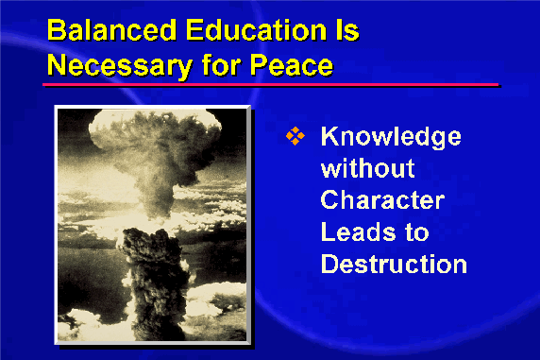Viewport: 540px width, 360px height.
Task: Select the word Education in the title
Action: coord(256,30)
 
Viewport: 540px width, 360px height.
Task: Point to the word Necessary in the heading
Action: coord(120,65)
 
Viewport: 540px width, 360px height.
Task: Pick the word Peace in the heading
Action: coord(292,65)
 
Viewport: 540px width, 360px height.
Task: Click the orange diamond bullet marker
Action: coord(295,136)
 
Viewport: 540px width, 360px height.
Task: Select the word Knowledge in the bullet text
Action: coord(391,138)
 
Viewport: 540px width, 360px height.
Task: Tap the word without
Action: coord(367,168)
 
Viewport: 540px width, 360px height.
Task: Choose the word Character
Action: coord(382,200)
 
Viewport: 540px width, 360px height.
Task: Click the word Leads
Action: coord(358,231)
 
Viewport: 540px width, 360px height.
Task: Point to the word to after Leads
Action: coord(416,232)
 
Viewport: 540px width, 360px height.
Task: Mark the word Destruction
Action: coord(394,264)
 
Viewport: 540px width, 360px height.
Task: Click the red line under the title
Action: coord(270,84)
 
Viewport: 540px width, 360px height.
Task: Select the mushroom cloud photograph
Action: coord(152,225)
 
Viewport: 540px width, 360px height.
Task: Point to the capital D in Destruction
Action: coord(330,264)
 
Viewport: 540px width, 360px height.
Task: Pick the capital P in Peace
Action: coord(259,64)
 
